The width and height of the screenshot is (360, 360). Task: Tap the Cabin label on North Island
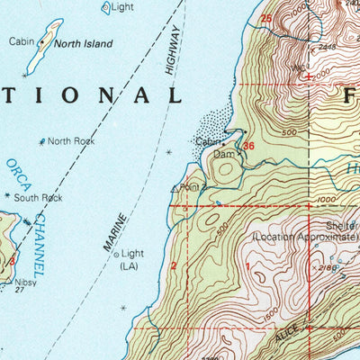[22, 41]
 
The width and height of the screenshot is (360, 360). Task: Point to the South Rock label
[40, 197]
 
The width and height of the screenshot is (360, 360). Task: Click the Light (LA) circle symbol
[116, 255]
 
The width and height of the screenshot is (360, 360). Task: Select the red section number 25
[265, 18]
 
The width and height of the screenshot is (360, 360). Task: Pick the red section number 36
[248, 145]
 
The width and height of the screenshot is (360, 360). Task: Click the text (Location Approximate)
[304, 236]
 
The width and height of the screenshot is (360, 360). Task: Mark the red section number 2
[173, 265]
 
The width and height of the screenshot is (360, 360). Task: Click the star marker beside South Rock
[8, 195]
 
